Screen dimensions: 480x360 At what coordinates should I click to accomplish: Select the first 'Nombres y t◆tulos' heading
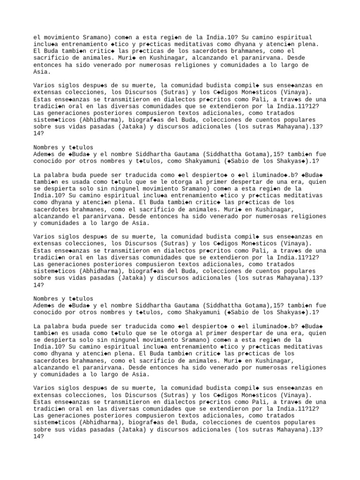(63, 147)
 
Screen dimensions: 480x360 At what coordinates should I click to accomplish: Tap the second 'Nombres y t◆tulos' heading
(63, 299)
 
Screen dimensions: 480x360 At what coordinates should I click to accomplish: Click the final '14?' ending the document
(38, 436)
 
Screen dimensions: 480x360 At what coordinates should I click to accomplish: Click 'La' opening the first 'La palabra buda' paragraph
(37, 175)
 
